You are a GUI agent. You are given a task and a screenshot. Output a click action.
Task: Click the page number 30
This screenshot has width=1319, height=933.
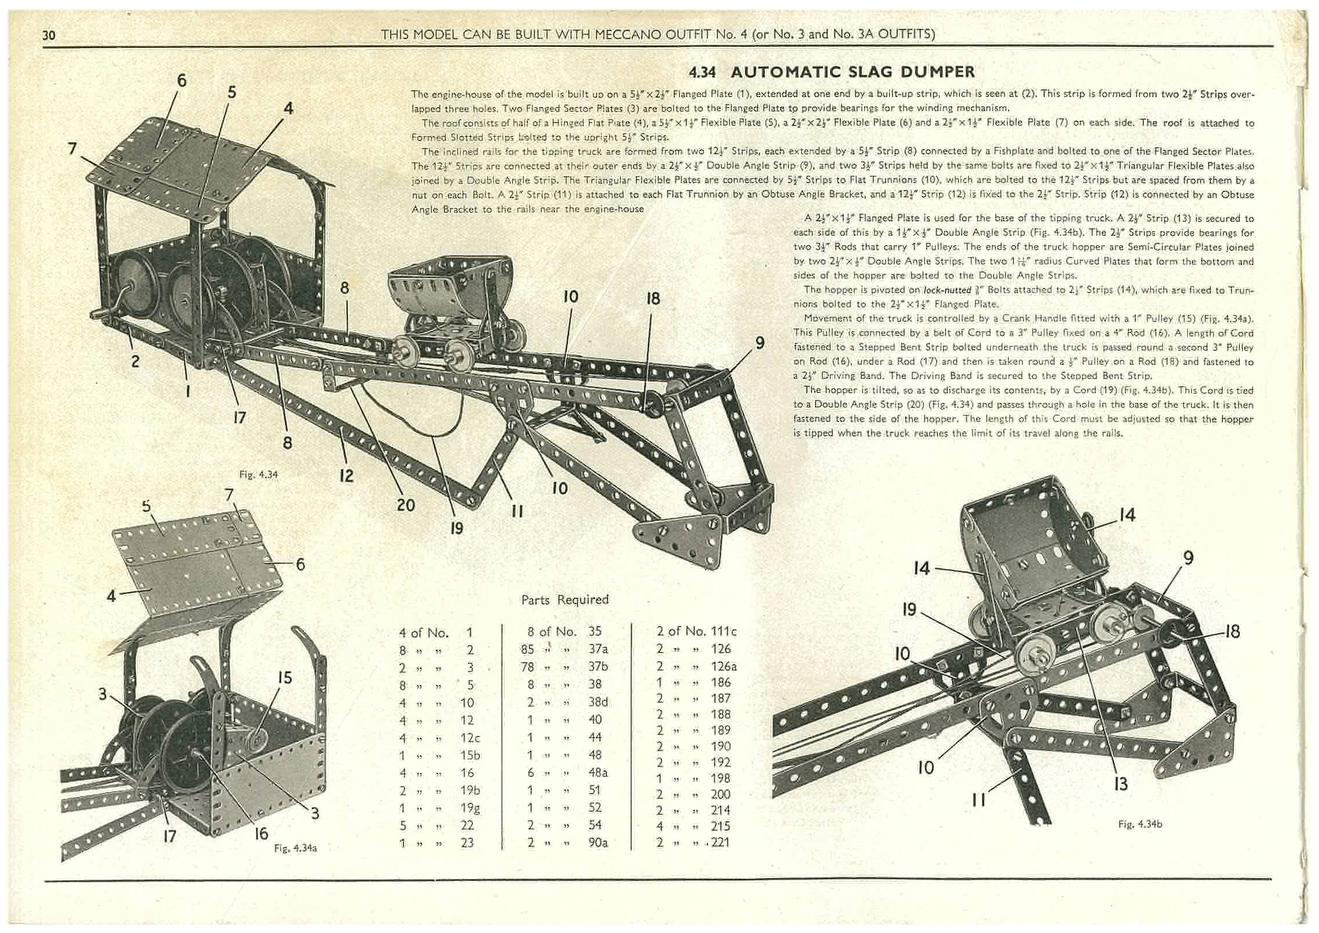click(49, 35)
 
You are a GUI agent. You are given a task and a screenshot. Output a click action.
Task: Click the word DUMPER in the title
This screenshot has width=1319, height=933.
click(931, 72)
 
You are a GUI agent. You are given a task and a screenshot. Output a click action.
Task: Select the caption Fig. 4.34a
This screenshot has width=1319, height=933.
click(295, 848)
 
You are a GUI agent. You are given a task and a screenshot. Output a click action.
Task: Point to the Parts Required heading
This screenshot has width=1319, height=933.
click(565, 599)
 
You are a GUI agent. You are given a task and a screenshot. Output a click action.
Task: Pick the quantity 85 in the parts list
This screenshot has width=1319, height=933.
click(527, 649)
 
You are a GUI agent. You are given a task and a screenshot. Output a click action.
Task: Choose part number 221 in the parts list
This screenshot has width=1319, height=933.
click(720, 842)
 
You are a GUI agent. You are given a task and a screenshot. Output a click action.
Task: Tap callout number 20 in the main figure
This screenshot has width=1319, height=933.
click(406, 505)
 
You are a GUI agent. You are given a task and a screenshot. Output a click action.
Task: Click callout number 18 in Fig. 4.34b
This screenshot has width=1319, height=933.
click(1232, 631)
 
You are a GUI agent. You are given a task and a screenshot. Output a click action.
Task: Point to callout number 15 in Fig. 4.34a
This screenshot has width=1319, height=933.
click(284, 677)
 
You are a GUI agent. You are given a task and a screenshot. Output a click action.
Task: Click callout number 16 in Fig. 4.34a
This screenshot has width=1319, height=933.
click(261, 833)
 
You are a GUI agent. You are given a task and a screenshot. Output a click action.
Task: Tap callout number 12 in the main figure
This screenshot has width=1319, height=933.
click(346, 475)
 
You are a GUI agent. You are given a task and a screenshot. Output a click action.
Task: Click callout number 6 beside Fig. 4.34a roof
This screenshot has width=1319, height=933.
click(300, 564)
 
